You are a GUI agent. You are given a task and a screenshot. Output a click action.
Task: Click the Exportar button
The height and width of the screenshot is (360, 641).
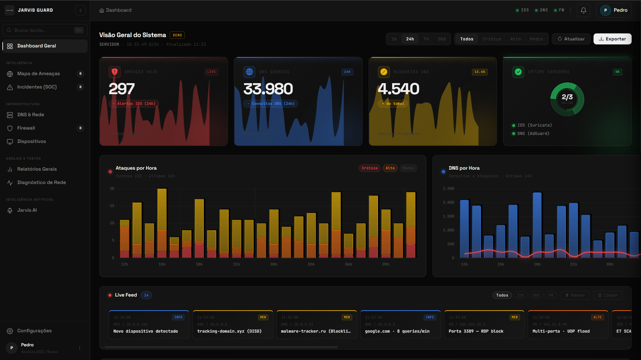point(612,39)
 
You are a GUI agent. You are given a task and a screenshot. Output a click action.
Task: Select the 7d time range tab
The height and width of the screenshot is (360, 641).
point(426,39)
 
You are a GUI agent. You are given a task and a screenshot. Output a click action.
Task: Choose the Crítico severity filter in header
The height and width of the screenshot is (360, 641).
point(492,39)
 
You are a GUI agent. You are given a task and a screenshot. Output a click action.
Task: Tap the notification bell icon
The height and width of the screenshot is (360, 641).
point(583,10)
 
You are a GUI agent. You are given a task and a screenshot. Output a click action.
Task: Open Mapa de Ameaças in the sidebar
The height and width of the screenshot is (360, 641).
point(38,73)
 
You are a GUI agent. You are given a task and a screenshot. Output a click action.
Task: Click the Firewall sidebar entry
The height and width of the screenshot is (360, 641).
point(26,128)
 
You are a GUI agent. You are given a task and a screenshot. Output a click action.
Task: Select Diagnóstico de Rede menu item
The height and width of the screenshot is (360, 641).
point(41,182)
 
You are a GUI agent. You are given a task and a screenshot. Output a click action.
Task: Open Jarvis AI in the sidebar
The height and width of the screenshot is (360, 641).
point(27,210)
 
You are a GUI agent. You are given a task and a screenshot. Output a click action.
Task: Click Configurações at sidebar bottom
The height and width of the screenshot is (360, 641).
point(34,331)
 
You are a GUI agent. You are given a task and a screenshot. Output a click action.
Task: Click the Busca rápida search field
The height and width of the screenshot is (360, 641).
point(42,30)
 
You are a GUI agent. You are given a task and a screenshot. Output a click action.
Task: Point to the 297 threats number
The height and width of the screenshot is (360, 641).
point(122,89)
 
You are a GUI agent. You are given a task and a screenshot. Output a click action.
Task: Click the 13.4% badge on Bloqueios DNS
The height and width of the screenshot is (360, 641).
point(479,72)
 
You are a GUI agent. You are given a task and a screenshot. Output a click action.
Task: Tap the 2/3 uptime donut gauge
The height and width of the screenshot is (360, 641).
point(567,99)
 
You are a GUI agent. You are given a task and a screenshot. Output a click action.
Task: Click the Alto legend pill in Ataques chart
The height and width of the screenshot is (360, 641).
point(390,168)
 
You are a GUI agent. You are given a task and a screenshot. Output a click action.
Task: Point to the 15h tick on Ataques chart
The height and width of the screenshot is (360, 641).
point(162,264)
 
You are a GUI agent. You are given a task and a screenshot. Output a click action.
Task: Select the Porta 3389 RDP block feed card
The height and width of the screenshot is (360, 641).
point(484,325)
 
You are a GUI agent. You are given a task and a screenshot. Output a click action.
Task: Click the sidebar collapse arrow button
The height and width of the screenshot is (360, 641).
point(80,10)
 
